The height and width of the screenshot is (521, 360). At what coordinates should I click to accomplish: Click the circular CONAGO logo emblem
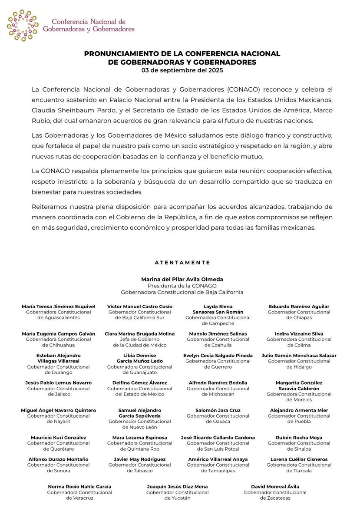(x=23, y=25)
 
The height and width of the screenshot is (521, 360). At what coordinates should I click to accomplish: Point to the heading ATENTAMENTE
(x=182, y=263)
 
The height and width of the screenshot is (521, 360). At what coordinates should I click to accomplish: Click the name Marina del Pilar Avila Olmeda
(x=182, y=280)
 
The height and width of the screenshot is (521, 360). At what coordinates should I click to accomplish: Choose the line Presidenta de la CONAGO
(x=182, y=286)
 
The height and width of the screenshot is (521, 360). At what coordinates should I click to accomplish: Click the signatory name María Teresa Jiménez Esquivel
(x=59, y=307)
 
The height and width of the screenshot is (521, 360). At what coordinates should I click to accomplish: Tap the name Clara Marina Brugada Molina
(x=140, y=334)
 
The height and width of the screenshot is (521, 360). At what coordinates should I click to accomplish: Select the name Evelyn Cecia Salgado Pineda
(x=218, y=356)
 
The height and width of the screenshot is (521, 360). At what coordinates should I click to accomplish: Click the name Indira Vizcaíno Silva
(x=299, y=334)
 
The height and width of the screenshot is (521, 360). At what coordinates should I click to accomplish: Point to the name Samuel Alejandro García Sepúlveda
(x=140, y=413)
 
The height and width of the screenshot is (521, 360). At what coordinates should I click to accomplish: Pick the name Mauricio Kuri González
(x=59, y=438)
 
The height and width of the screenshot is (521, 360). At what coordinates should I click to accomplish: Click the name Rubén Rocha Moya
(x=299, y=438)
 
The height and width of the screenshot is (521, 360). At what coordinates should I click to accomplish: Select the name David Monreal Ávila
(x=275, y=487)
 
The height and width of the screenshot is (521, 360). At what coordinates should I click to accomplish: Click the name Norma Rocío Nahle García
(x=80, y=487)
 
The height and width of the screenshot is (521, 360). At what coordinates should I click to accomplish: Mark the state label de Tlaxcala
(x=299, y=470)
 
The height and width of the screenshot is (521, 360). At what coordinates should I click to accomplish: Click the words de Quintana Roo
(x=140, y=448)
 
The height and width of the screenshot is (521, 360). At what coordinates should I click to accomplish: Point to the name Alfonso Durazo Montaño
(x=59, y=459)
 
